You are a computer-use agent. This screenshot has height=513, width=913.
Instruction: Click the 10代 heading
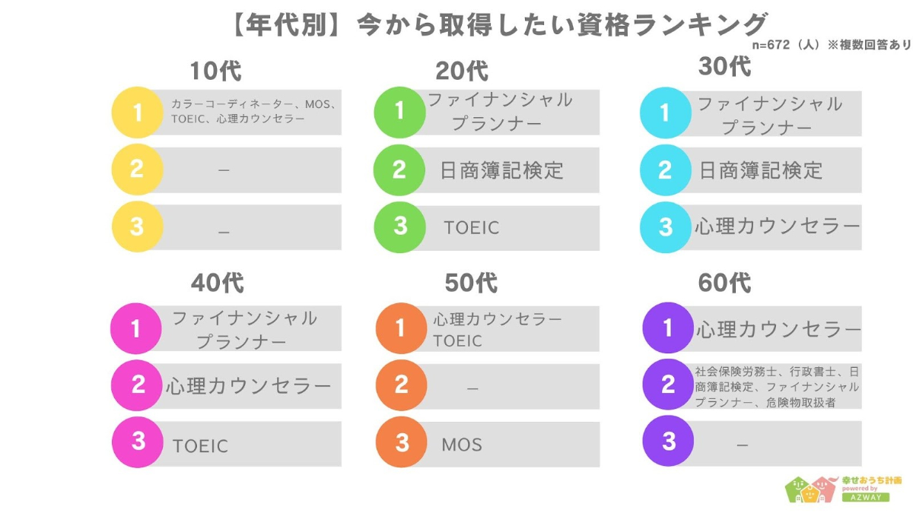[x=215, y=71]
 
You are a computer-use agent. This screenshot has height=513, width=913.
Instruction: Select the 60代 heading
[x=724, y=283]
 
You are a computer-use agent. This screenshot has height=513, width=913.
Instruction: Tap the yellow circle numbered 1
[x=138, y=112]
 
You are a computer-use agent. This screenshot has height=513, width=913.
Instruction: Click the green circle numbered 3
[x=399, y=226]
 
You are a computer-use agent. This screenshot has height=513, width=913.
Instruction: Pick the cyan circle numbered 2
[x=665, y=169]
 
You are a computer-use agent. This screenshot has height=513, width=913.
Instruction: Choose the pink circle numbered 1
[x=135, y=328]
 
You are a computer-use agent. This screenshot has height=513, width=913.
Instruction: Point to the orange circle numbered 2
[x=401, y=385]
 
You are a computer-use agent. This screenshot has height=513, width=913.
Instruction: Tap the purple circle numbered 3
[x=668, y=441]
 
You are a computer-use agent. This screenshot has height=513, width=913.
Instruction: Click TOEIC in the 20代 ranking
[x=471, y=228]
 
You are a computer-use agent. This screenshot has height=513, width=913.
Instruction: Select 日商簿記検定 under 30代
[x=761, y=170]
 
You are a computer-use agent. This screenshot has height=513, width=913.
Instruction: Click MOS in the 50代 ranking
[x=462, y=445]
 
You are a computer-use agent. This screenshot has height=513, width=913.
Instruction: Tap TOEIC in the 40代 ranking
[x=200, y=446]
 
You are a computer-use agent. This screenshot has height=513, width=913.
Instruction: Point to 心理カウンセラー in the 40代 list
[x=248, y=385]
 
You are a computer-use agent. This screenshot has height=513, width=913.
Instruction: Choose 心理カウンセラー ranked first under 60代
[x=778, y=329]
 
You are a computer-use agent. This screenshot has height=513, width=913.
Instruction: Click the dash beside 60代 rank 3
[x=743, y=445]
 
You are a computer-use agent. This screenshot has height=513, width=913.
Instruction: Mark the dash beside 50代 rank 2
[x=472, y=389]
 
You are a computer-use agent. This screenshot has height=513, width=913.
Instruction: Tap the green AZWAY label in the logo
[x=866, y=497]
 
